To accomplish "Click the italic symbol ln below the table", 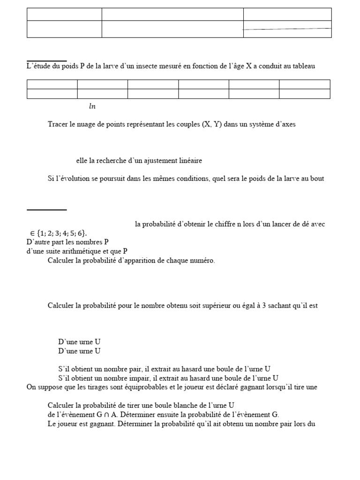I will (92, 106).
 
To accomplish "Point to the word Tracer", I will (58, 125).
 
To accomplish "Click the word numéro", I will (202, 261).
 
